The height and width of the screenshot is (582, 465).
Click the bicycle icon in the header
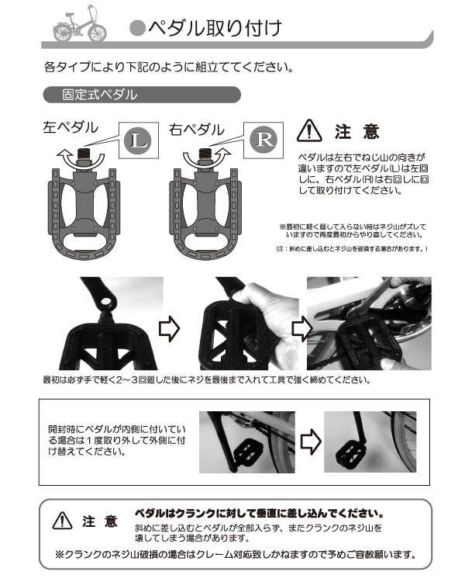tap(80, 25)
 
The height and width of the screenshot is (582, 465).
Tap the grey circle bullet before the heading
tap(136, 29)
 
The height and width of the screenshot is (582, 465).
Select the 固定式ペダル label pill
tap(140, 95)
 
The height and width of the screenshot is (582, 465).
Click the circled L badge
tap(136, 140)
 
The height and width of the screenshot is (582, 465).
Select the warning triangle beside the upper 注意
tap(310, 130)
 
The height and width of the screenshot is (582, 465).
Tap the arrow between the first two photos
tap(169, 329)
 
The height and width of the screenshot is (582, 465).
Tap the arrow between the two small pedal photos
tap(310, 442)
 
